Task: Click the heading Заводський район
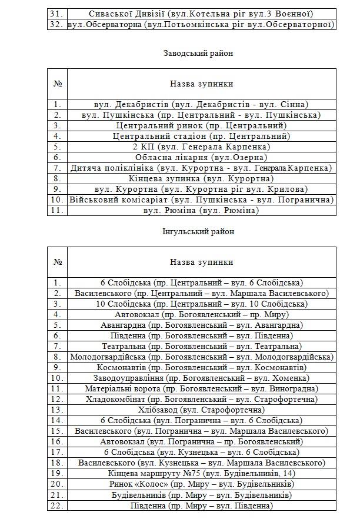click(198, 53)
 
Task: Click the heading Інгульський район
click(198, 231)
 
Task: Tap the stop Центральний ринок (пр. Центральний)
click(201, 125)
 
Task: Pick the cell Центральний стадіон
click(201, 136)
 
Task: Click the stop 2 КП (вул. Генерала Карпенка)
click(201, 147)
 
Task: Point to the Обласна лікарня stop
click(201, 157)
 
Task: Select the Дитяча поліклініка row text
click(201, 168)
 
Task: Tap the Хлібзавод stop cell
click(201, 410)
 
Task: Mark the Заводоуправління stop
click(201, 378)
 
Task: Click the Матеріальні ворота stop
click(201, 388)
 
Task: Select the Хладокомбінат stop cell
click(201, 399)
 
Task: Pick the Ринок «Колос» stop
click(201, 484)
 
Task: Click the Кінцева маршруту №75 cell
click(201, 473)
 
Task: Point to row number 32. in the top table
click(57, 24)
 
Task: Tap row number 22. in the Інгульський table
click(57, 506)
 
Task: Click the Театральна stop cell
click(201, 346)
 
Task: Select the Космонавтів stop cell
click(201, 367)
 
